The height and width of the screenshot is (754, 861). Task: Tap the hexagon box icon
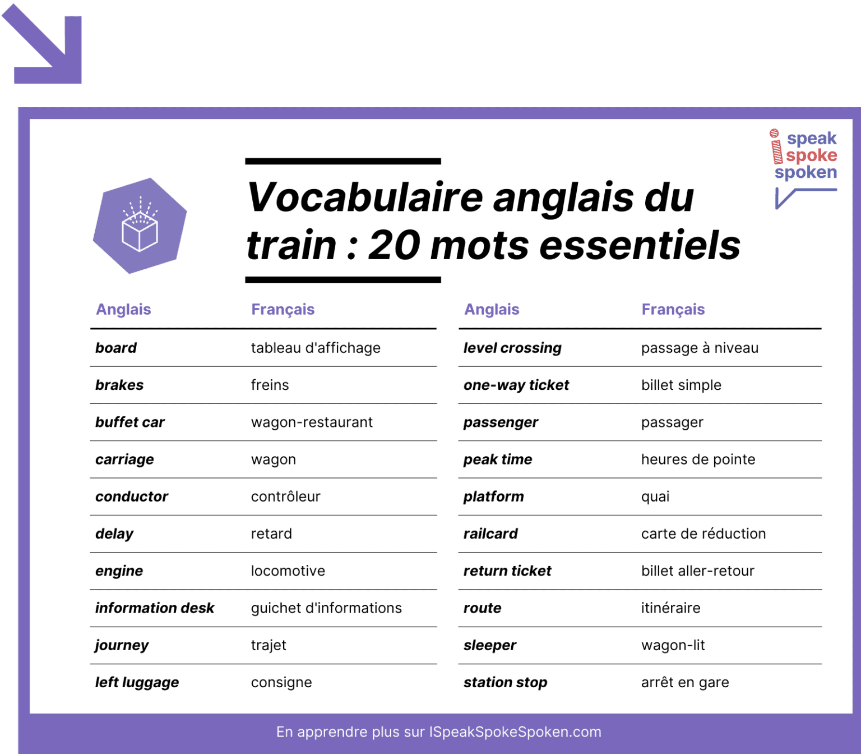(140, 226)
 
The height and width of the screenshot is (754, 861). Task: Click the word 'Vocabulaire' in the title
(365, 197)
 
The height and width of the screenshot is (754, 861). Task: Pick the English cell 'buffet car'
(130, 422)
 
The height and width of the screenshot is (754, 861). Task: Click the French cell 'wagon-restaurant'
(312, 422)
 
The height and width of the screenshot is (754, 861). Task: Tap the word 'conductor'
(132, 496)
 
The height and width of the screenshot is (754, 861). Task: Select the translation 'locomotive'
(288, 571)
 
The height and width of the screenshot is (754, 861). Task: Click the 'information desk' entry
(155, 608)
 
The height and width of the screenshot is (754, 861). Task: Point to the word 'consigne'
(281, 683)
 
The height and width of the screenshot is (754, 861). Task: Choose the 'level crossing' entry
(512, 348)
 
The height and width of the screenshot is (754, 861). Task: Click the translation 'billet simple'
(681, 385)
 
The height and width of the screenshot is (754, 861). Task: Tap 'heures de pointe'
(698, 459)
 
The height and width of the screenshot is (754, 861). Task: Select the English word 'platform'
(494, 496)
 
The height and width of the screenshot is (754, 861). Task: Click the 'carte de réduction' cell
(703, 534)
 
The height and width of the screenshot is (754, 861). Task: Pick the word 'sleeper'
(490, 645)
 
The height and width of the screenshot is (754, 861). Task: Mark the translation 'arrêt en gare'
(685, 683)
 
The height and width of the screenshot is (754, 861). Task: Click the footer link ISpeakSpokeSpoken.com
(515, 732)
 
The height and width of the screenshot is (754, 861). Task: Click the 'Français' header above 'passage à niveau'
(673, 310)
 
